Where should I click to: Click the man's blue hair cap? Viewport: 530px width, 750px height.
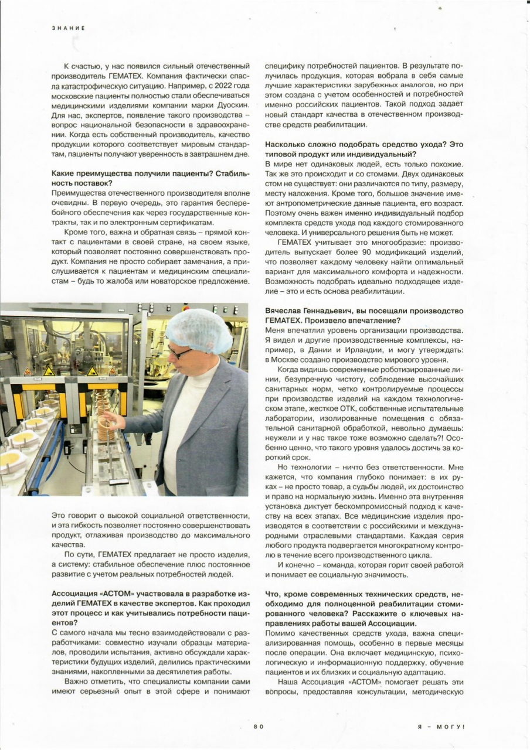click(199, 330)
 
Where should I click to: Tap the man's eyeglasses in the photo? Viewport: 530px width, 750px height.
click(179, 353)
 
